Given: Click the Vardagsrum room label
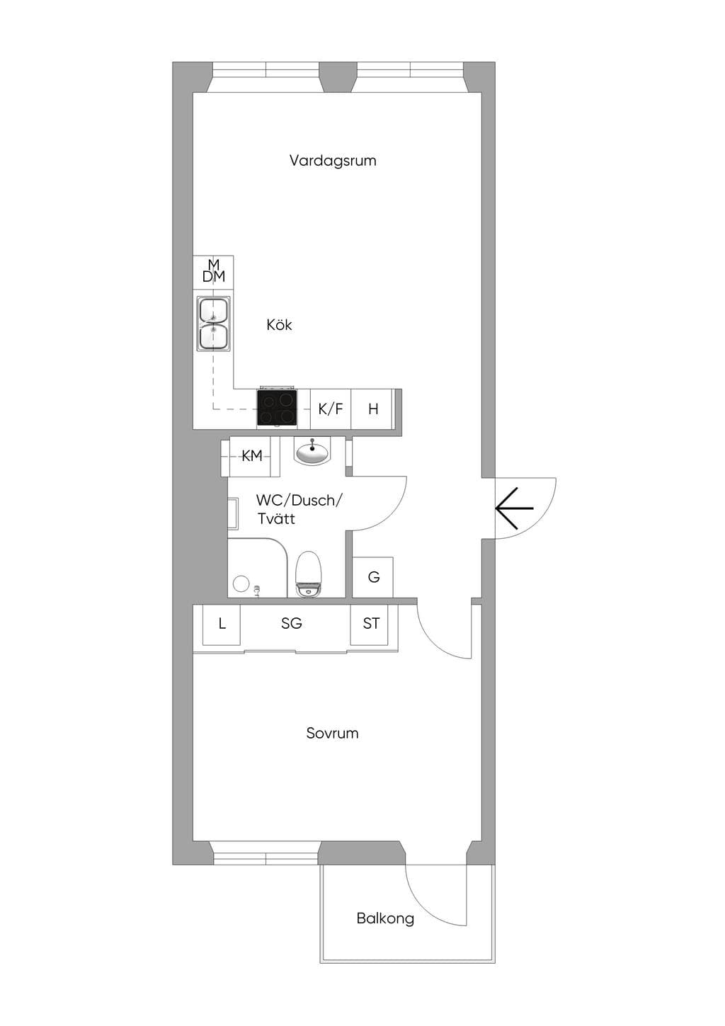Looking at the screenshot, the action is [x=333, y=161].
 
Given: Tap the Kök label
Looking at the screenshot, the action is [x=279, y=325].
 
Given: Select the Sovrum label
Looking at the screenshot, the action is [x=332, y=733].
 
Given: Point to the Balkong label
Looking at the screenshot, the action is [x=385, y=918].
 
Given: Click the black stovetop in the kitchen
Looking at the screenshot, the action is [x=277, y=407].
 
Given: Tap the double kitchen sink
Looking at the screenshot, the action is [x=213, y=324].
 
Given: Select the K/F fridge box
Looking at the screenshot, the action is [x=331, y=409].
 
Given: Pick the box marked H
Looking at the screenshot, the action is [x=372, y=409].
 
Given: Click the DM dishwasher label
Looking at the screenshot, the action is [x=214, y=276].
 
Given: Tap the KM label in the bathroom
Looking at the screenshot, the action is [x=252, y=455].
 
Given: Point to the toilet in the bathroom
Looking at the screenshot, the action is [x=309, y=574].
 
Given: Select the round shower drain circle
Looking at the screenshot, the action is [x=241, y=584].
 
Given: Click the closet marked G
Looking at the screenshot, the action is [x=373, y=577].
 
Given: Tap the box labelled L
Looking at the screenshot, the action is [x=222, y=625].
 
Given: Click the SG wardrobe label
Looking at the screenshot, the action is [x=292, y=623].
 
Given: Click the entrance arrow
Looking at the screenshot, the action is [x=514, y=508].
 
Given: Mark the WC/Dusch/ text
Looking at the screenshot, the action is [x=299, y=500].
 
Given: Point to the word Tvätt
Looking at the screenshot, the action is [x=275, y=518].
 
